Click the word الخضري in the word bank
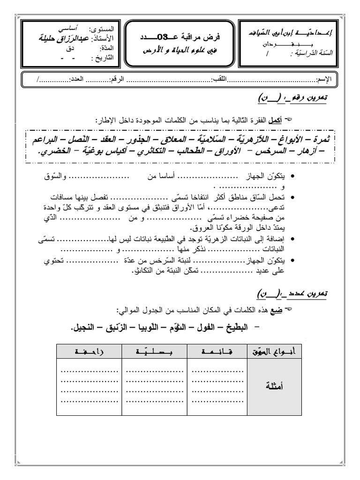53,152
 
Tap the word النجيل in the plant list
88,327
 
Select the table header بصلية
155,351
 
